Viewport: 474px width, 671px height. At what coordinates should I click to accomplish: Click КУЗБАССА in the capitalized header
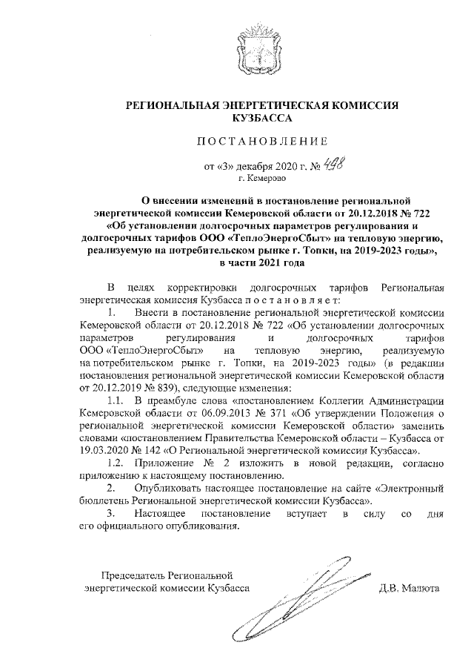coord(261,117)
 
